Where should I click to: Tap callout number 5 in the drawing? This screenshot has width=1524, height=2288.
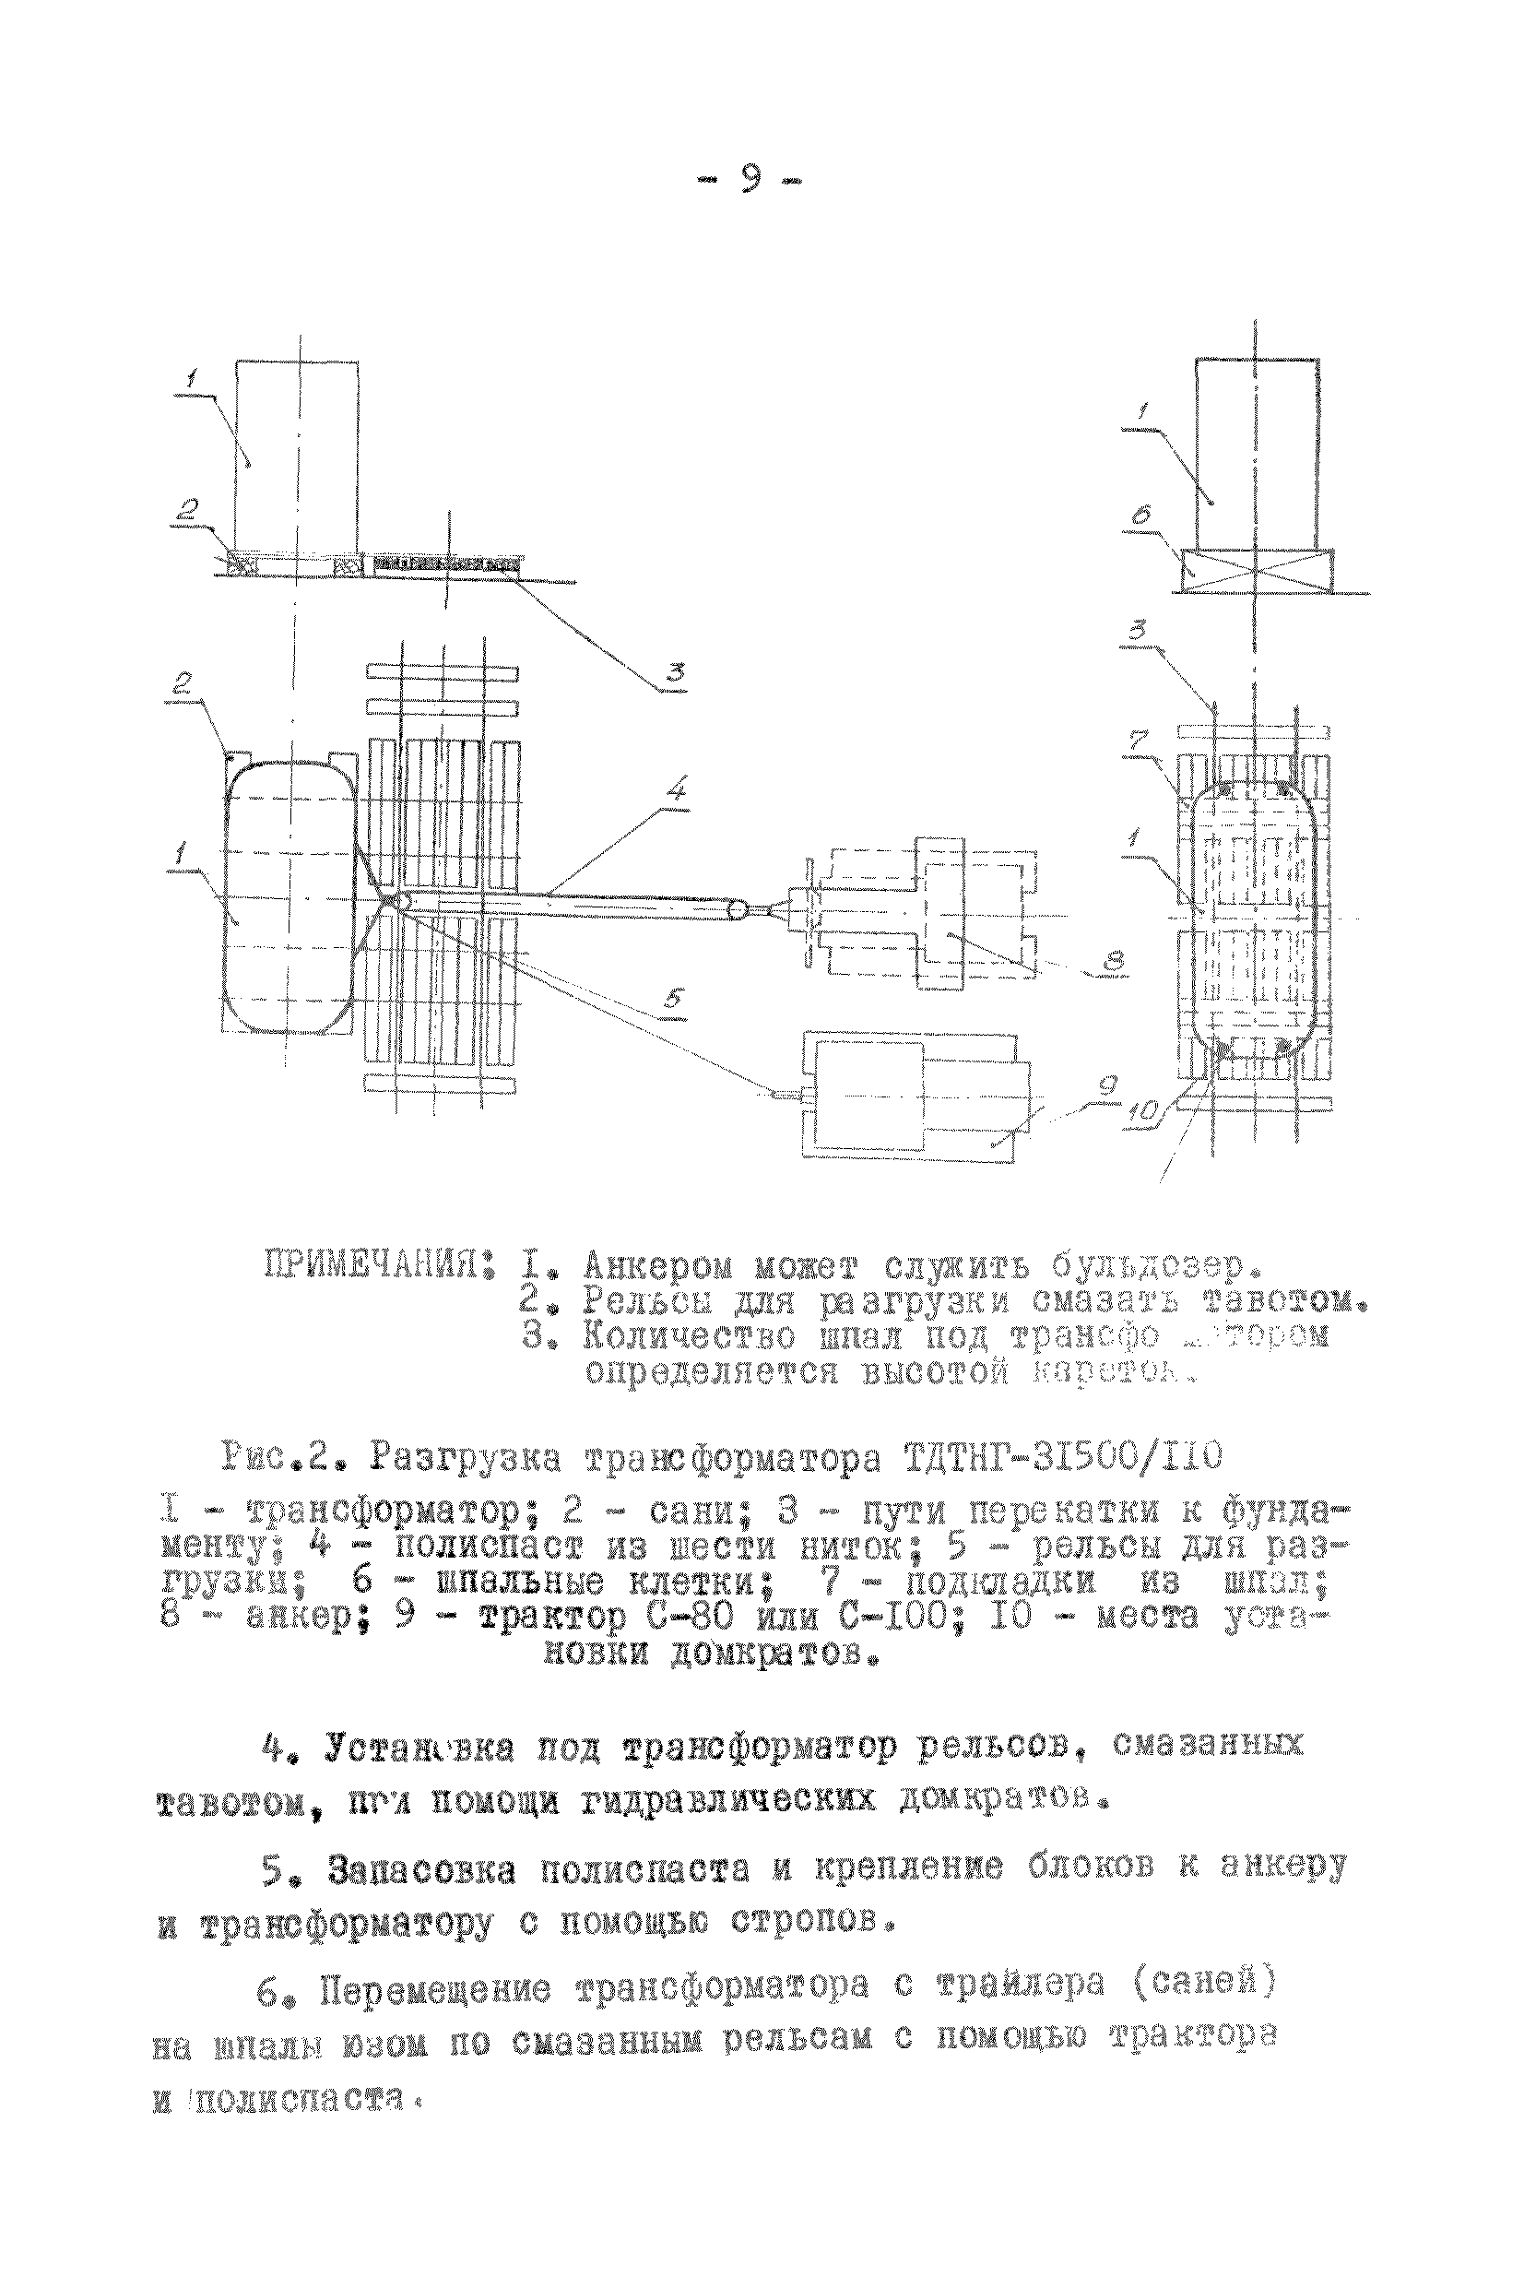click(675, 998)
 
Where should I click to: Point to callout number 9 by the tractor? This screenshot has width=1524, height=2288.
click(1109, 1085)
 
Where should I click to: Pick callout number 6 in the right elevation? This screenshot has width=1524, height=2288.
click(1140, 513)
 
